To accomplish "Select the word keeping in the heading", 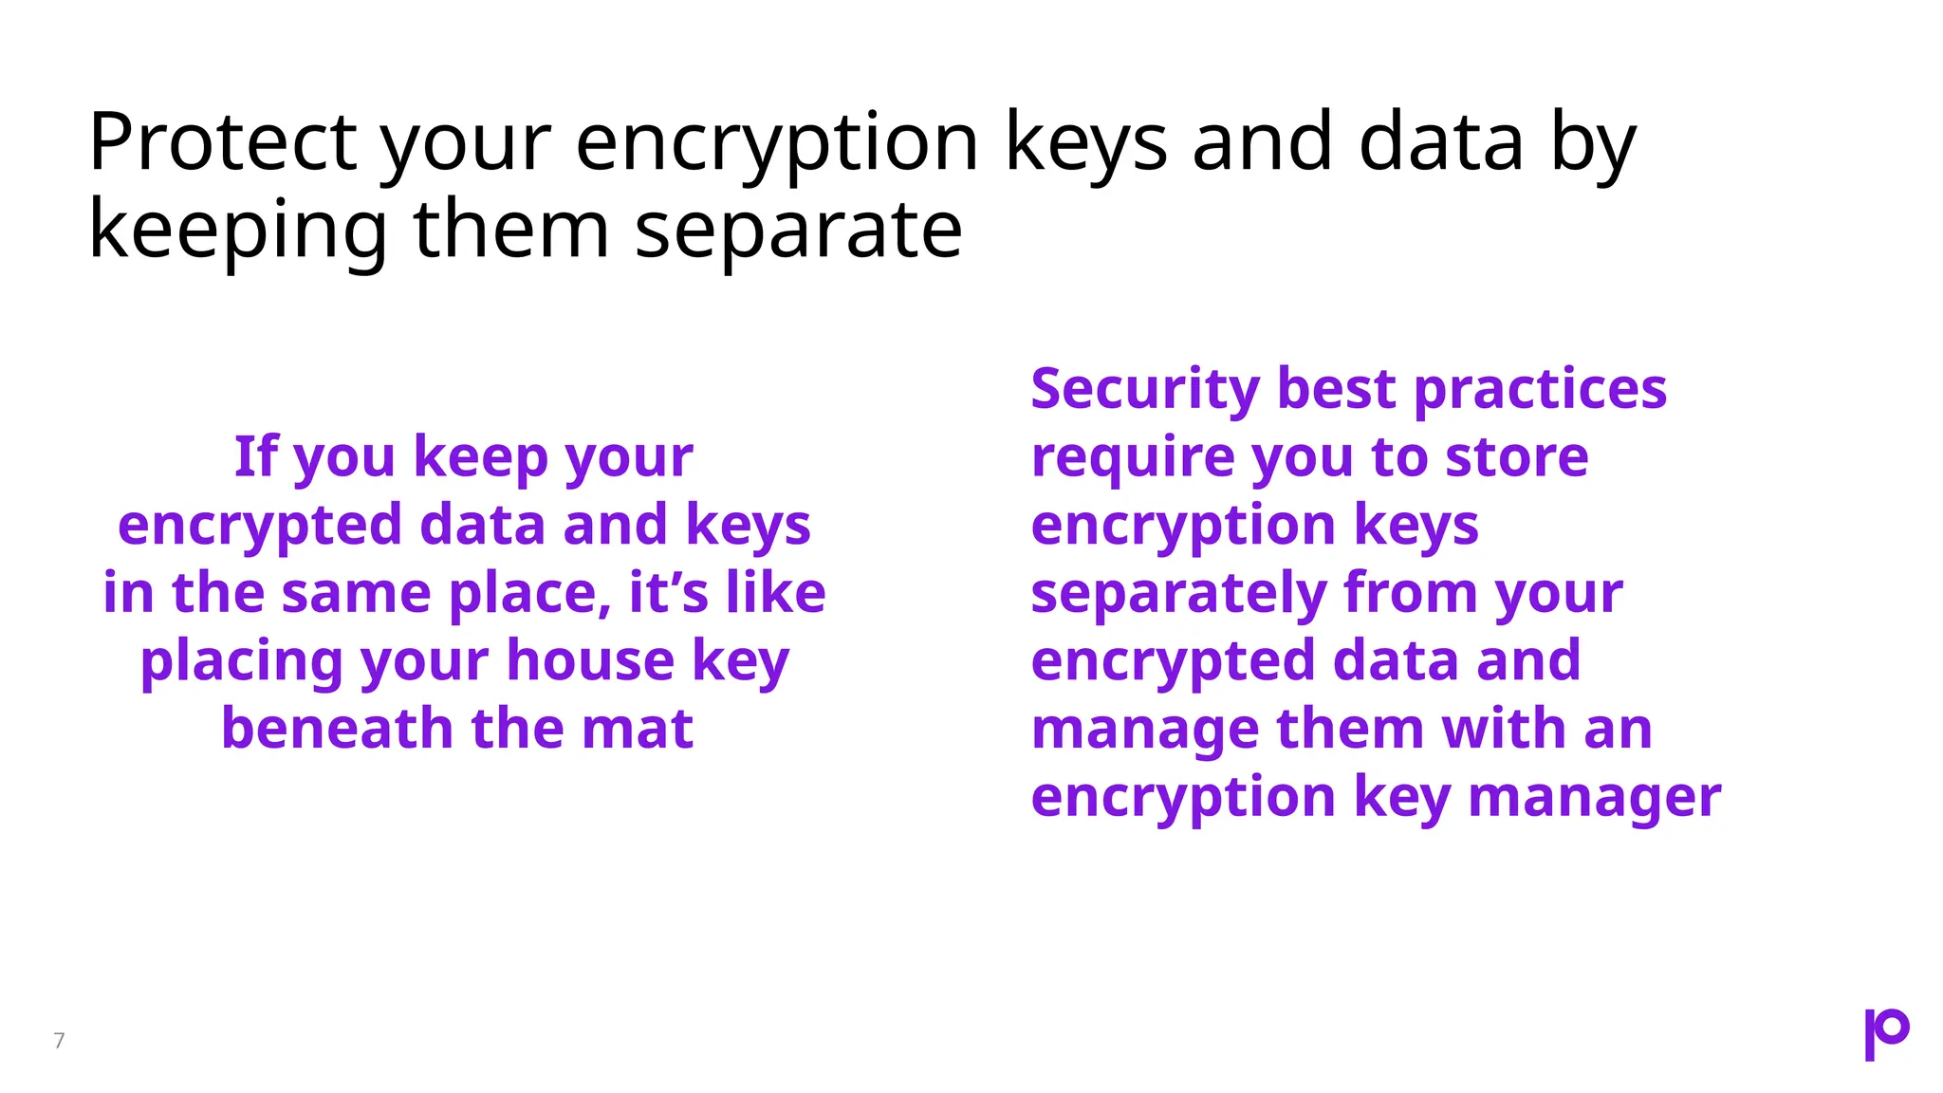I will pyautogui.click(x=238, y=232).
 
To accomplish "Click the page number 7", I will pyautogui.click(x=59, y=1041).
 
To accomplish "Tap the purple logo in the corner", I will pyautogui.click(x=1886, y=1033).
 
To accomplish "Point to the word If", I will pyautogui.click(x=255, y=457).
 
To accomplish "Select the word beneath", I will pyautogui.click(x=337, y=729).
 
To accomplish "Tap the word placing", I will pyautogui.click(x=241, y=662).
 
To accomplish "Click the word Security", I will pyautogui.click(x=1145, y=390).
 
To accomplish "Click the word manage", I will pyautogui.click(x=1144, y=731).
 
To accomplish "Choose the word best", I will pyautogui.click(x=1337, y=389).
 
